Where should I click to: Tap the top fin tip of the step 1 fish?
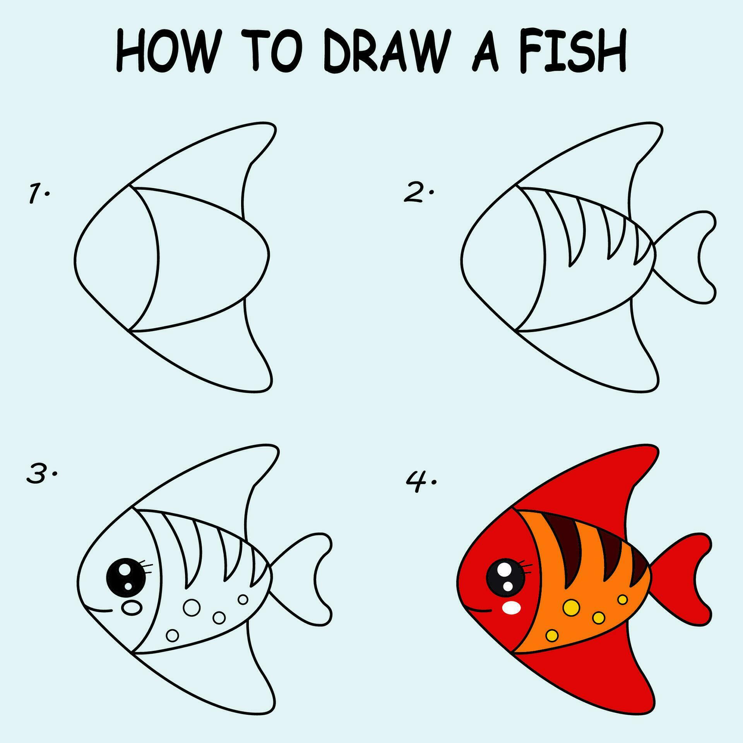(x=267, y=128)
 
